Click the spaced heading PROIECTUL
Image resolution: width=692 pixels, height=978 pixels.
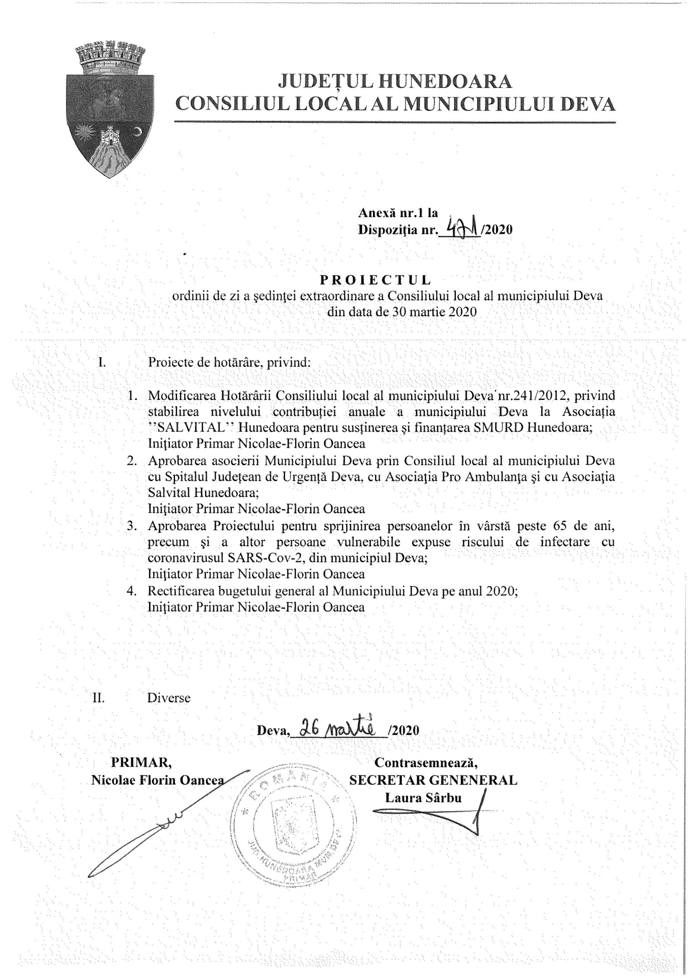pyautogui.click(x=375, y=280)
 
